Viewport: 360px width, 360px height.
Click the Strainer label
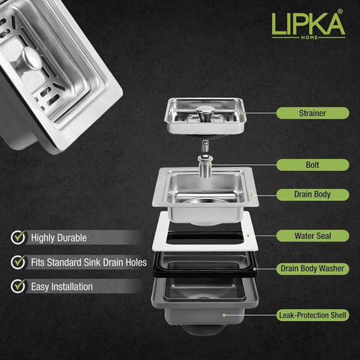tap(313, 113)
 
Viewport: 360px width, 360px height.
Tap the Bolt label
tap(313, 165)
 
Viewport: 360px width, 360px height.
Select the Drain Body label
tap(313, 194)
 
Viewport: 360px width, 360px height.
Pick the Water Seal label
tap(313, 235)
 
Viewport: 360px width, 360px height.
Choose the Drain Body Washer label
tap(313, 268)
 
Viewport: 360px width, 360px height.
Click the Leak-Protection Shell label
tap(313, 315)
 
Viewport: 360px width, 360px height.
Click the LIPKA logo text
tap(308, 24)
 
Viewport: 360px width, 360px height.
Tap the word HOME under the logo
tap(309, 37)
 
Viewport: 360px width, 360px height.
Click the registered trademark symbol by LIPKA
tap(340, 12)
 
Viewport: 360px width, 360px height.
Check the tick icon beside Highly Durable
tap(18, 237)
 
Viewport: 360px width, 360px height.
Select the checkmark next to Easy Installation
tap(18, 286)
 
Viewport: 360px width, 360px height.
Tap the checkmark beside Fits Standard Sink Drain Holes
tap(18, 262)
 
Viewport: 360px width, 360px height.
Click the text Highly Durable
tap(58, 238)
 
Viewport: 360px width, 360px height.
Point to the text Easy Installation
tap(61, 286)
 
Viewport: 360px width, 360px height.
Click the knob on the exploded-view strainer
tap(204, 112)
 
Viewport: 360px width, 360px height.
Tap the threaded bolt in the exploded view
tap(205, 166)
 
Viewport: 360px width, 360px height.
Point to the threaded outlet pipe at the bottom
tap(205, 329)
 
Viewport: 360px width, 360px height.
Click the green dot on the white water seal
tap(248, 235)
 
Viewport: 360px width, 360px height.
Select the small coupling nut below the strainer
tap(205, 145)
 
